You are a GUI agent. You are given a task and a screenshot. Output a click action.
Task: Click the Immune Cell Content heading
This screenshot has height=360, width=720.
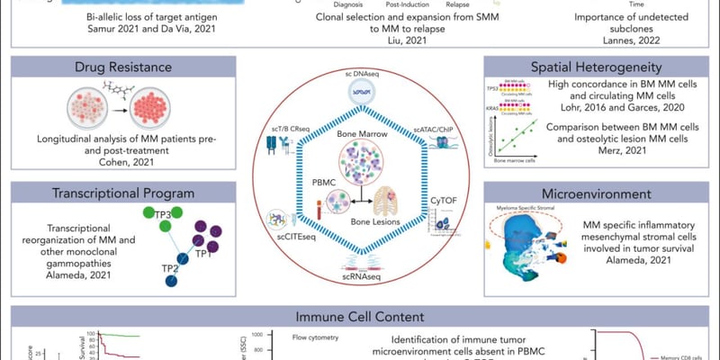[x=359, y=316]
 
